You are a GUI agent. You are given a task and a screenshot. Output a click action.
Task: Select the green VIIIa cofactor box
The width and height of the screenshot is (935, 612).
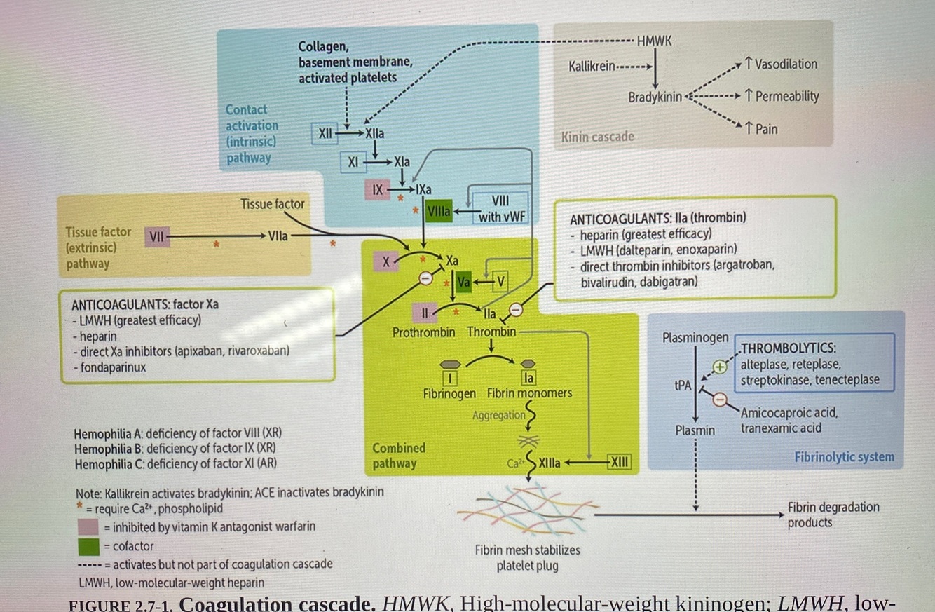click(439, 211)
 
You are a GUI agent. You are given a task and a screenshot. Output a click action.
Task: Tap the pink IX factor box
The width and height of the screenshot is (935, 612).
click(377, 189)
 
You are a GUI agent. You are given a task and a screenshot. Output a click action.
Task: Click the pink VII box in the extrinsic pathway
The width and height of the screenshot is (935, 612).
click(156, 237)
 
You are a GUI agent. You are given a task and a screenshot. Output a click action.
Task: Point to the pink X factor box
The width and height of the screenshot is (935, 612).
click(385, 262)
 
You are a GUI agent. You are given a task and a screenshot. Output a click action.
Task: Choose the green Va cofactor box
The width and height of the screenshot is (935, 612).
click(463, 282)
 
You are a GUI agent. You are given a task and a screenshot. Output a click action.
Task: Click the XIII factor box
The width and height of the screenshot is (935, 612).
click(619, 462)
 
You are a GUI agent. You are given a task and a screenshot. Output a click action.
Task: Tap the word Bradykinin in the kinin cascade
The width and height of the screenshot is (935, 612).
click(655, 97)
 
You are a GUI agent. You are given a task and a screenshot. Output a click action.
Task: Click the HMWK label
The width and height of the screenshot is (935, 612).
click(654, 41)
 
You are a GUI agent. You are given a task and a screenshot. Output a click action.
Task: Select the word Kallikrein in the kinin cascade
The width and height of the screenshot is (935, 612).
click(592, 67)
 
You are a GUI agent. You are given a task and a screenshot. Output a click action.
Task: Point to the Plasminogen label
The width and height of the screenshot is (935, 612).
click(695, 338)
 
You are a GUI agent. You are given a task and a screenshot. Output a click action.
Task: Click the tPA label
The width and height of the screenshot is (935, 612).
click(683, 385)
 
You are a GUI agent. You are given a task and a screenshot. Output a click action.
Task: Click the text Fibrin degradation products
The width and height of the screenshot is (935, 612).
click(833, 515)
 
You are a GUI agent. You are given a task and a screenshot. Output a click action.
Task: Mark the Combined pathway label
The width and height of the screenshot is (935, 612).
click(398, 455)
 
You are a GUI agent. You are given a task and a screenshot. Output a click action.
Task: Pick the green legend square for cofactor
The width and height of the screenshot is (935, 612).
click(88, 546)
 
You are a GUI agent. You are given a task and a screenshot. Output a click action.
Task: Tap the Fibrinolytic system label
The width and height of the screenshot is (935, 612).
click(844, 457)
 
